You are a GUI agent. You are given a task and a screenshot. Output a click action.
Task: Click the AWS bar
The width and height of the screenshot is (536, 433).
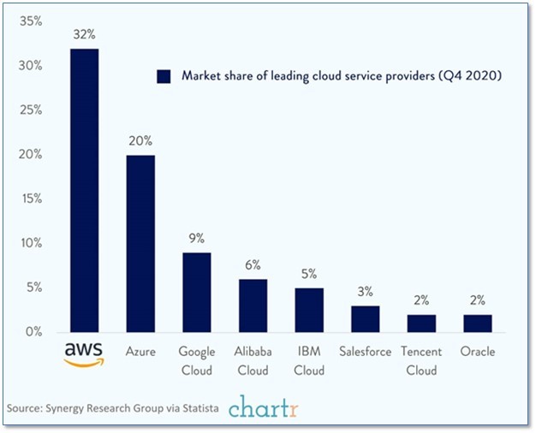(x=84, y=190)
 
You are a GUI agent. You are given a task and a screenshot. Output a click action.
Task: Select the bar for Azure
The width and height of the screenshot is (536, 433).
(x=140, y=243)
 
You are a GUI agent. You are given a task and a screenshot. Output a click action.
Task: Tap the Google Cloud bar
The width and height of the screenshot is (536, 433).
(x=197, y=292)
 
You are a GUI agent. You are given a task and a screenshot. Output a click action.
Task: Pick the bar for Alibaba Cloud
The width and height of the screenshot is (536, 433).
(x=253, y=305)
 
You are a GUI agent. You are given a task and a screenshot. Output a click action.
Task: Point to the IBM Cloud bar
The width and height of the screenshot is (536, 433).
(x=309, y=310)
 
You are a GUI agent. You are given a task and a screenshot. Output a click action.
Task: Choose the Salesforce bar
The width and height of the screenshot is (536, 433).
(x=365, y=318)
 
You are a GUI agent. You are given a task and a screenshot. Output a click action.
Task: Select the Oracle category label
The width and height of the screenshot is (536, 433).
(x=477, y=352)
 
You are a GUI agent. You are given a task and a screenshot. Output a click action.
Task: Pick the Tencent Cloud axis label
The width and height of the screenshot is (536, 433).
(x=420, y=361)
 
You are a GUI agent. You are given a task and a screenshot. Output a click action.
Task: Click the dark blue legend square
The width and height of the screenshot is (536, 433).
(x=164, y=76)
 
